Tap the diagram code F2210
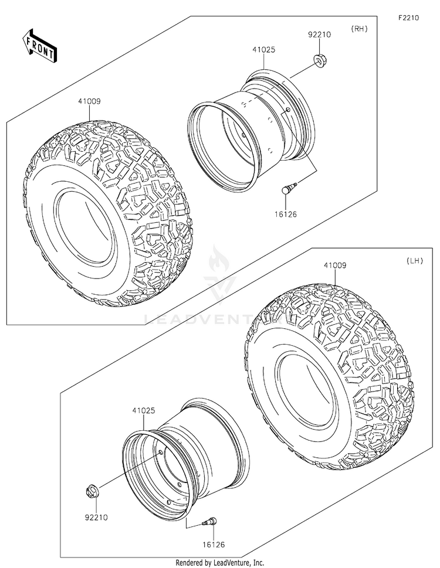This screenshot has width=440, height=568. [408, 18]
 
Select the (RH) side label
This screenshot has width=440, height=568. [358, 29]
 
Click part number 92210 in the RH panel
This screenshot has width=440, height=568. [320, 35]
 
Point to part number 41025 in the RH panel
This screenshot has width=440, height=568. [263, 50]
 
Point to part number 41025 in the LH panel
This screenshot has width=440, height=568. [144, 411]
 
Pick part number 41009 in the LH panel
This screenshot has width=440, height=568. [334, 266]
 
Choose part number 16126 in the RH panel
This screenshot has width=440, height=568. [286, 215]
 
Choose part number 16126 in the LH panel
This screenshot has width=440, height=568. [204, 545]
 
